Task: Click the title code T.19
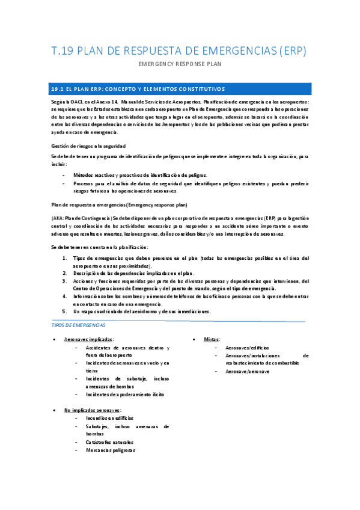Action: (64, 51)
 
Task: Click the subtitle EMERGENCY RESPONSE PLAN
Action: (180, 64)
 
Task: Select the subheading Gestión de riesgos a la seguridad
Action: (88, 146)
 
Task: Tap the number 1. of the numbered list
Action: (64, 258)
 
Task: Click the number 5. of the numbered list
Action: (64, 312)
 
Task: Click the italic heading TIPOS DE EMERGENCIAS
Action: (79, 325)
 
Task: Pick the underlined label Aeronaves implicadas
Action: (88, 340)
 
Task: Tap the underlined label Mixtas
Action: (212, 340)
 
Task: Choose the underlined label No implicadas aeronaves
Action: (92, 410)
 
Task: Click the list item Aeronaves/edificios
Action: (247, 348)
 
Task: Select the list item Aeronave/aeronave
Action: (247, 372)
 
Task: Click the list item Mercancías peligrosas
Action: (111, 450)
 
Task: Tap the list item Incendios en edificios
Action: (110, 417)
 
